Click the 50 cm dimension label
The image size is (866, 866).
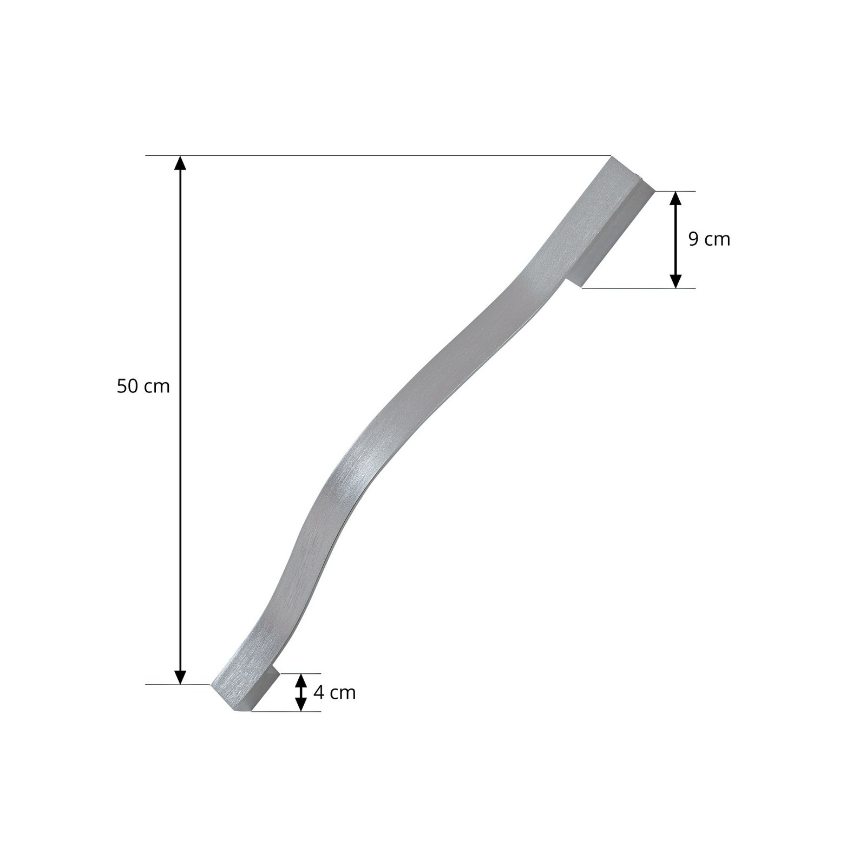coord(143,386)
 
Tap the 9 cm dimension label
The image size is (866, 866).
coord(709,239)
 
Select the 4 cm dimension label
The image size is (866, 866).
coord(334,692)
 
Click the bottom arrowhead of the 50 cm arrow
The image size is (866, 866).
coord(180,677)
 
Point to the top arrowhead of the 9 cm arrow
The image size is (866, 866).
coord(675,199)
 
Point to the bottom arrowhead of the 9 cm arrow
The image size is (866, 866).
coord(675,281)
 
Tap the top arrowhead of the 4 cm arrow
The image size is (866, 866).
coord(301,679)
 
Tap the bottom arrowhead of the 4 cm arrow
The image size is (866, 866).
coord(301,705)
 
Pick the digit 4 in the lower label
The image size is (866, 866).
coord(318,692)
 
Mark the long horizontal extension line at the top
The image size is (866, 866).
coord(379,156)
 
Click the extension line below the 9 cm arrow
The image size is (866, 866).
coord(639,288)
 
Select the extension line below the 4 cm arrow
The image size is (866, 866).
coord(287,711)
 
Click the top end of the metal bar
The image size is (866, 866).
coord(622,168)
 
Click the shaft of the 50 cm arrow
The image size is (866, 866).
coord(180,487)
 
